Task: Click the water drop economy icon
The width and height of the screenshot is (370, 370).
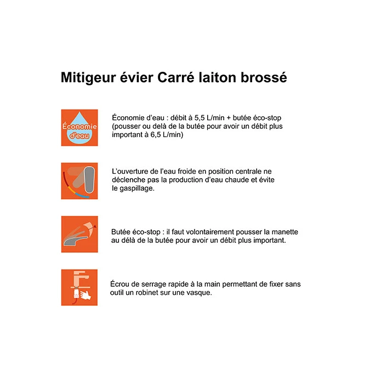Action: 79,128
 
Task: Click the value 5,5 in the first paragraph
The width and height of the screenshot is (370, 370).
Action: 202,118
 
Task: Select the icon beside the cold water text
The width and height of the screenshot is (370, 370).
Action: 79,181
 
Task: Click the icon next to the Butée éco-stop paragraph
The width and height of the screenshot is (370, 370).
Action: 79,234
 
